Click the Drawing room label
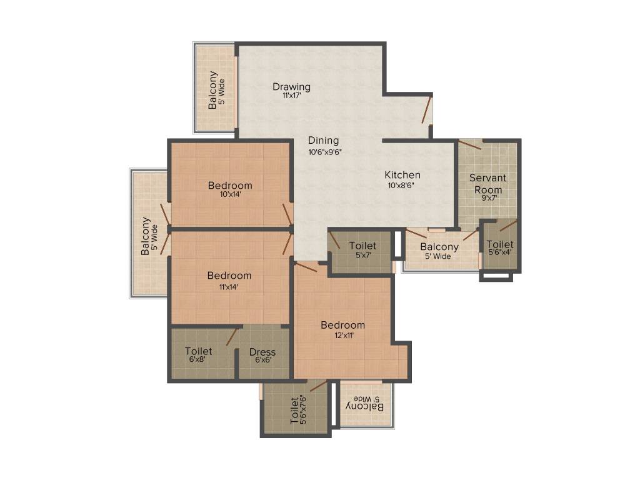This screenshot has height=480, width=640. (291, 86)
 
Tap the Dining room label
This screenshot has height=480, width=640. (323, 141)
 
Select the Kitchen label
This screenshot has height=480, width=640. (402, 175)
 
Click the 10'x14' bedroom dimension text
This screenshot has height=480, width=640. (230, 194)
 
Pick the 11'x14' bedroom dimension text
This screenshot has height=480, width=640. (229, 287)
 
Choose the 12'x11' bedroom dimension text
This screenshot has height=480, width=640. (342, 335)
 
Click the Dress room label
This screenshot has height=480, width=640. (262, 352)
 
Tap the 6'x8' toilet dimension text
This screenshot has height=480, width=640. (199, 360)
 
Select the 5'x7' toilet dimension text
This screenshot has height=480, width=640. (362, 255)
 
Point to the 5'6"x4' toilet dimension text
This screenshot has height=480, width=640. (499, 252)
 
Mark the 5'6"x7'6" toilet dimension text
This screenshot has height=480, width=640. (304, 409)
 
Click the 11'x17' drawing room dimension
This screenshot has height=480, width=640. (291, 96)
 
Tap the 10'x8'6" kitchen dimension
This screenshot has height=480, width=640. (402, 185)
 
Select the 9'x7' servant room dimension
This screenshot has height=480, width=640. (487, 198)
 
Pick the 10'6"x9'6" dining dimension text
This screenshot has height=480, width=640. (324, 151)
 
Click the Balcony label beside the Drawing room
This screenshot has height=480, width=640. (213, 91)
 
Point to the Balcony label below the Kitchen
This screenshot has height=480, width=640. (439, 247)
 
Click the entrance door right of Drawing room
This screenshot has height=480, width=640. (427, 110)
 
